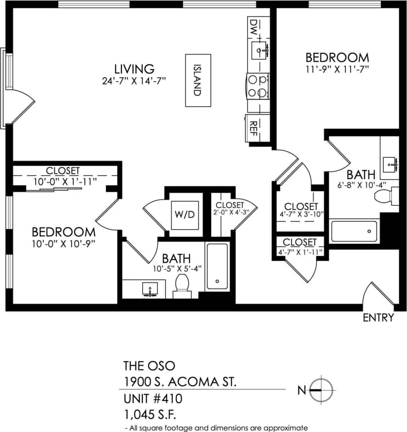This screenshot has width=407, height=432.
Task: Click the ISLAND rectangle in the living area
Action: [x=198, y=80]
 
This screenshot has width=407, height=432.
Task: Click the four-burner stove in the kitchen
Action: [x=258, y=85]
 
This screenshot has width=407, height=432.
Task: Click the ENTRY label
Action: [x=378, y=318]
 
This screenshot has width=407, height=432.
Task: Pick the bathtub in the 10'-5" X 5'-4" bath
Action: [x=217, y=266]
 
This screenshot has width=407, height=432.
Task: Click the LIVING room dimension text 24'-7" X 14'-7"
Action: [x=135, y=81]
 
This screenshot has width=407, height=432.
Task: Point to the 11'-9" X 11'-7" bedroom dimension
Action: [x=335, y=69]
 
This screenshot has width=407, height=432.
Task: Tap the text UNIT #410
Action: [x=153, y=399]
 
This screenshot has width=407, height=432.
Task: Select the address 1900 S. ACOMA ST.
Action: [x=180, y=382]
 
